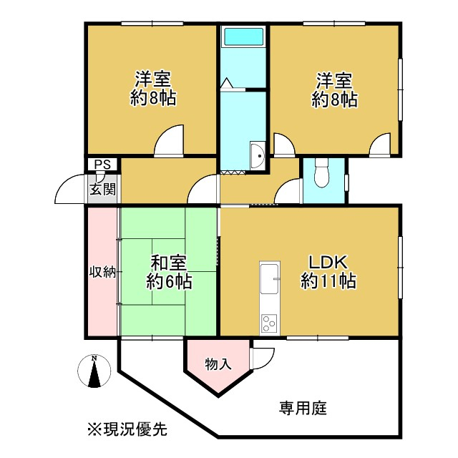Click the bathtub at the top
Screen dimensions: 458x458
243,36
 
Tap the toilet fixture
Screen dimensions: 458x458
322,173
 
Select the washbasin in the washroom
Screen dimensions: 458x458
258,155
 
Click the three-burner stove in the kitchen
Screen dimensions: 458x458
269,323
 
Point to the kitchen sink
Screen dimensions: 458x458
270,277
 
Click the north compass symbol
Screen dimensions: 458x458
94,371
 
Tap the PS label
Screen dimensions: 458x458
102,165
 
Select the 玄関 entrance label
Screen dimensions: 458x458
102,189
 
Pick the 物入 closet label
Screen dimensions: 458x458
218,364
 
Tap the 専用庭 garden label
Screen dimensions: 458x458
303,408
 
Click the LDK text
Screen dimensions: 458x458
328,262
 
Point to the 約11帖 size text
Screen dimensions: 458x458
328,281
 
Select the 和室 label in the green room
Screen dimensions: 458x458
169,263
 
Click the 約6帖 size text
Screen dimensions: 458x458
169,281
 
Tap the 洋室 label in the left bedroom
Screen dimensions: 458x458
152,79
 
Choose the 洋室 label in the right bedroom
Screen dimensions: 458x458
335,80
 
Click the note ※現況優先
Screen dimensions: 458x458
127,429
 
